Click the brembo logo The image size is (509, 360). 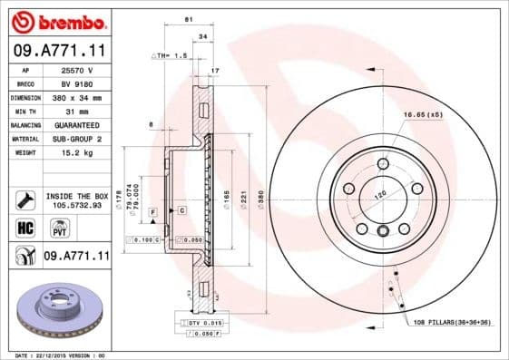56,20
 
